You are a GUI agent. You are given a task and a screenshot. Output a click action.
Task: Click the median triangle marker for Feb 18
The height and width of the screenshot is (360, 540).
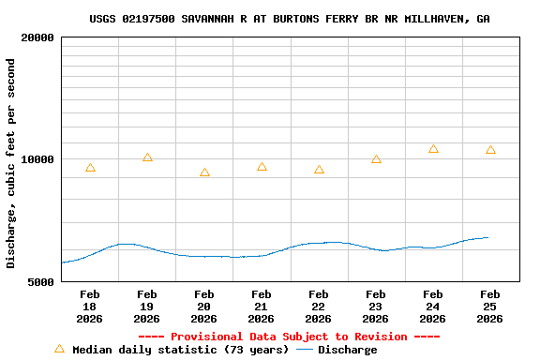pyautogui.click(x=90, y=168)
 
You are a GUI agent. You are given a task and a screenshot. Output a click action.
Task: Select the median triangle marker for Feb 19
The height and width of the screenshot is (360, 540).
pyautogui.click(x=147, y=157)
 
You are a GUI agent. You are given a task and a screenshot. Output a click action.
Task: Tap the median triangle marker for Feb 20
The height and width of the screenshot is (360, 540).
pyautogui.click(x=204, y=172)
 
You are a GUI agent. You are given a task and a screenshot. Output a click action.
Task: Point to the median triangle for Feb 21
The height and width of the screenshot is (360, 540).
pyautogui.click(x=262, y=167)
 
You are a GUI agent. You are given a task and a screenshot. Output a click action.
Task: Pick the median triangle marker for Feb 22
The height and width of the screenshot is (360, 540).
pyautogui.click(x=319, y=170)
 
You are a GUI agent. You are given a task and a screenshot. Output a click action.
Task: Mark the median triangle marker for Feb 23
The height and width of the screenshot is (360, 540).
pyautogui.click(x=376, y=159)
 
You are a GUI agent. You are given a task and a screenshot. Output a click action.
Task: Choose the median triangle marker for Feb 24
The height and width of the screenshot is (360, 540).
pyautogui.click(x=433, y=149)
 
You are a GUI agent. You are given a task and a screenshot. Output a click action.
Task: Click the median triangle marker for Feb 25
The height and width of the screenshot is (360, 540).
pyautogui.click(x=490, y=150)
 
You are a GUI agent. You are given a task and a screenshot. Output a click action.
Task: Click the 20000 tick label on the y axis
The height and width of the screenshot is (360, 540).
pyautogui.click(x=37, y=38)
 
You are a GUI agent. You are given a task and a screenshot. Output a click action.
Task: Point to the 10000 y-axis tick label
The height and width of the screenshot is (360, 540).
pyautogui.click(x=37, y=159)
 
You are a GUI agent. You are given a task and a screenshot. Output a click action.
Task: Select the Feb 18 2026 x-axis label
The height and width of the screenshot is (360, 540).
pyautogui.click(x=90, y=307)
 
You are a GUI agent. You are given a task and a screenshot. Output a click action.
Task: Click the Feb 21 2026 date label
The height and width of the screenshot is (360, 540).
pyautogui.click(x=262, y=307)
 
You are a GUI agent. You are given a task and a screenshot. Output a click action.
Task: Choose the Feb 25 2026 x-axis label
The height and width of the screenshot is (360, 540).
pyautogui.click(x=490, y=307)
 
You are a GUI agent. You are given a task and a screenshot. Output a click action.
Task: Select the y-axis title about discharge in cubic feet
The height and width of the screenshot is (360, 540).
pyautogui.click(x=11, y=163)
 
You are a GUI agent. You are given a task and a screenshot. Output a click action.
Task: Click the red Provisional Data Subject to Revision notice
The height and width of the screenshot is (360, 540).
pyautogui.click(x=289, y=337)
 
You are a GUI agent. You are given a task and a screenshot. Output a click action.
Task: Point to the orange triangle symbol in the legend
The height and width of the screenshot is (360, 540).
pyautogui.click(x=59, y=349)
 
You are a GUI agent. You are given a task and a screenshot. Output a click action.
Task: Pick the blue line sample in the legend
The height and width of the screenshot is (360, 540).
pyautogui.click(x=305, y=350)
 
